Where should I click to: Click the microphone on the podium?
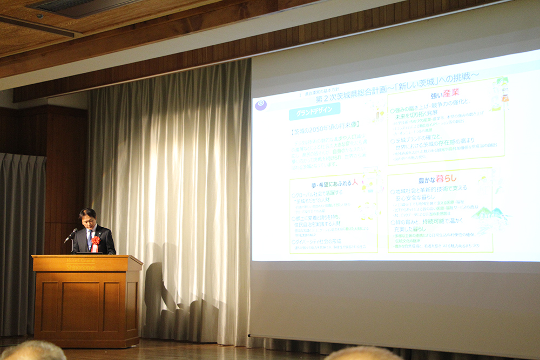(x=71, y=235)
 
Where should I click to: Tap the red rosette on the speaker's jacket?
(x=96, y=241)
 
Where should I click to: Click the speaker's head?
(x=87, y=218)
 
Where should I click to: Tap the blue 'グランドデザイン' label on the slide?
(x=314, y=112)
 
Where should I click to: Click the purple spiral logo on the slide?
(x=261, y=104)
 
